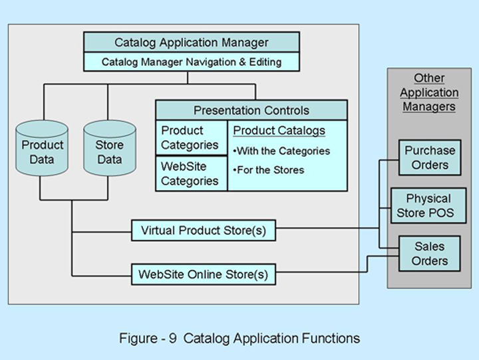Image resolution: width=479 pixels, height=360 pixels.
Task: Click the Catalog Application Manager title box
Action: (191, 43)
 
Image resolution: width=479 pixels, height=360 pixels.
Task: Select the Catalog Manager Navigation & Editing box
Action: (191, 62)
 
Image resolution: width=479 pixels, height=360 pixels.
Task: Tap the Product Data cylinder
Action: (43, 152)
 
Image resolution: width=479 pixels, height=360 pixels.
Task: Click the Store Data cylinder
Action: (109, 152)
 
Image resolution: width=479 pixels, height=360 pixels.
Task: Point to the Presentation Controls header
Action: (251, 110)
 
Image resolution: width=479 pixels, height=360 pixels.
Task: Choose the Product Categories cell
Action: (190, 137)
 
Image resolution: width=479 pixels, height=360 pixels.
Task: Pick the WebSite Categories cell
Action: (190, 173)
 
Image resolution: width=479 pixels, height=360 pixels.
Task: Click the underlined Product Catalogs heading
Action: (279, 131)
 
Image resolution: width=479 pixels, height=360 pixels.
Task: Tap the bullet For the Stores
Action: (269, 170)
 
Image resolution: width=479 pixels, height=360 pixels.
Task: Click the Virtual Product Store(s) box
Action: (203, 231)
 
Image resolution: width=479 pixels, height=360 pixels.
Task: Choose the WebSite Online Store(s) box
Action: (203, 274)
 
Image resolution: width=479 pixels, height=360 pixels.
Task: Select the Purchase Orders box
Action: (430, 157)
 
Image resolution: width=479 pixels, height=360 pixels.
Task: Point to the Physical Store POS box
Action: (428, 205)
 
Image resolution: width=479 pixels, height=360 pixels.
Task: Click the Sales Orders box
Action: (429, 253)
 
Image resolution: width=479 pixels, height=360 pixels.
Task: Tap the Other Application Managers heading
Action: (429, 93)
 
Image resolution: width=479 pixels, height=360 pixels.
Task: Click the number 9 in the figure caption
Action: (172, 338)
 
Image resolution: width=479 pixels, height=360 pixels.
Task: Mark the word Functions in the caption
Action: (328, 338)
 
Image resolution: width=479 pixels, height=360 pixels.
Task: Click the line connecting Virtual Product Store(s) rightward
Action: (326, 229)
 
